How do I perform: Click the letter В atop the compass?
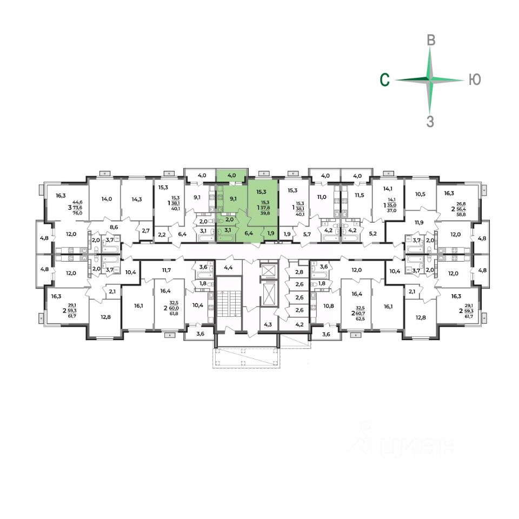[x=431, y=40]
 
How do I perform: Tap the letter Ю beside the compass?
[x=474, y=80]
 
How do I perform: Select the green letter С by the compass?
[x=384, y=80]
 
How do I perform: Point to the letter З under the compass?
[x=430, y=121]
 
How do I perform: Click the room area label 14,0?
[x=107, y=198]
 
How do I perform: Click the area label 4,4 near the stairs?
[x=228, y=267]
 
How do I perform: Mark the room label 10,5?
[x=421, y=194]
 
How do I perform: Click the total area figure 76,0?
[x=78, y=212]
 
